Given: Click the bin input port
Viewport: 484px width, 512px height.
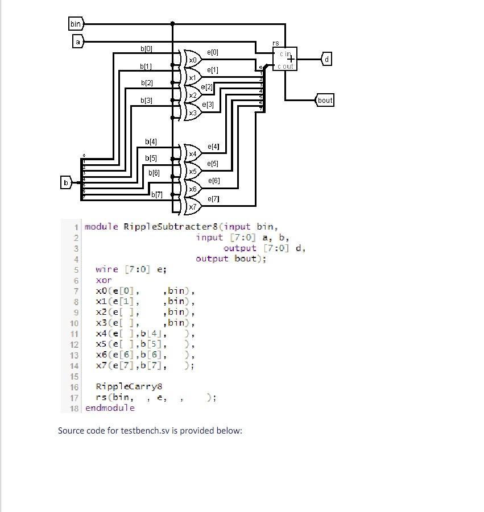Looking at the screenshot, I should pos(76,24).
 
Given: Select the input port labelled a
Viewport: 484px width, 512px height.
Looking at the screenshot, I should pos(78,41).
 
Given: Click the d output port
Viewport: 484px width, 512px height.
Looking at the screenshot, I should pos(326,59).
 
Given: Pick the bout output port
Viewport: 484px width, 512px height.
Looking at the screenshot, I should pos(325,101).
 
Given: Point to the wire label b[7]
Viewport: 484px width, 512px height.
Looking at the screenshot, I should pos(157,195).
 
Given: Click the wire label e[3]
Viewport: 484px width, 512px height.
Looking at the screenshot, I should pos(209,105).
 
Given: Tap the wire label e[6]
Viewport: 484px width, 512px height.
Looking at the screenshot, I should pos(214,181).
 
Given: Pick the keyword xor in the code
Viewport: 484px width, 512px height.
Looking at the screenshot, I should pos(104,280).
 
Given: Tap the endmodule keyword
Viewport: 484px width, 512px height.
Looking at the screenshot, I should pos(110,408).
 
